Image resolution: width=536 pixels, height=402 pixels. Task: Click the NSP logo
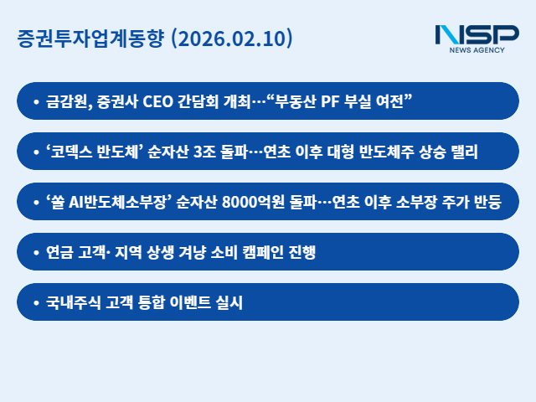[x=477, y=35]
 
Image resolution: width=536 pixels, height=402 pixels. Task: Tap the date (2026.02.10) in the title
[x=231, y=39]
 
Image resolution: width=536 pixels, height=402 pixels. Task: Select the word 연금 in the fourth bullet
[x=60, y=252]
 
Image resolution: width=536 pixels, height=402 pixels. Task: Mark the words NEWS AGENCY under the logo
[x=477, y=50]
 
